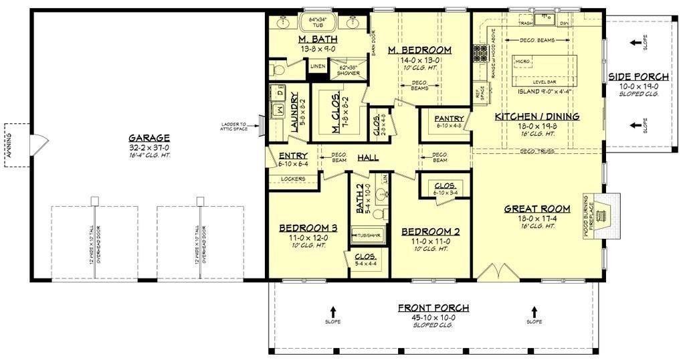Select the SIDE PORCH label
pos(635,76)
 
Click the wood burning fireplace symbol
pos(606,215)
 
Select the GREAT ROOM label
pos(537,208)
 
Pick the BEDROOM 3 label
pos(308,228)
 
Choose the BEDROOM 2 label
pos(430,232)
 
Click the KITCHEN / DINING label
pos(536,116)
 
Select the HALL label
pos(367,157)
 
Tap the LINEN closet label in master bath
pos(318,66)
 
